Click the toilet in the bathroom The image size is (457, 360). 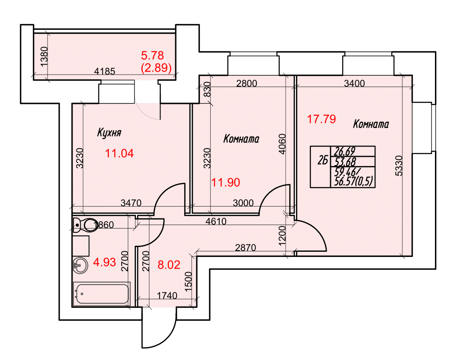point(85,225)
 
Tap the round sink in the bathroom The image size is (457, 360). point(80,265)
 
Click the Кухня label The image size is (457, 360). point(109,133)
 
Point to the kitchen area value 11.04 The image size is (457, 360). point(120,153)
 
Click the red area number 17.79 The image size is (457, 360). point(322,119)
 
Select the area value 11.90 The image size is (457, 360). point(226,183)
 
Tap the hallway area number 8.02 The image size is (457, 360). point(169,265)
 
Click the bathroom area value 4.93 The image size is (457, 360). point(104,262)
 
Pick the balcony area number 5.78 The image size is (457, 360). point(152,55)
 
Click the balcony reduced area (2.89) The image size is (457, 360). point(156,68)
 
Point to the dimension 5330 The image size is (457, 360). point(399,166)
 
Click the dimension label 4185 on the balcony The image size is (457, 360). point(105,71)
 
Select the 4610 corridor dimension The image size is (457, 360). point(216,221)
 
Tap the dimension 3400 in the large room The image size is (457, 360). point(354,84)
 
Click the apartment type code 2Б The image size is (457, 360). point(323,160)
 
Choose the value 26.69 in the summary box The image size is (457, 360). point(345,151)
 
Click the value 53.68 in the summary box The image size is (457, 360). point(345,162)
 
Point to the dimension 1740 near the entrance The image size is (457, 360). point(167,296)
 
